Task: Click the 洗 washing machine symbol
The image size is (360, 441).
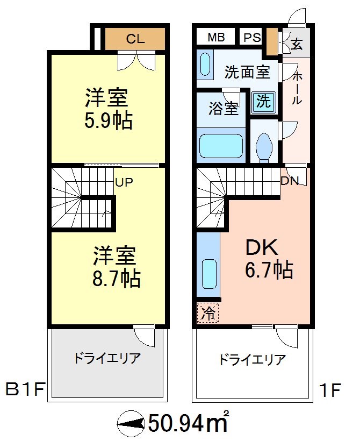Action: [x=263, y=101]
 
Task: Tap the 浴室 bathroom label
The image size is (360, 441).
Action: [x=223, y=109]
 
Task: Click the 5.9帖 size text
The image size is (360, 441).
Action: [x=108, y=120]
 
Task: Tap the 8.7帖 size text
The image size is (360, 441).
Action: [x=116, y=279]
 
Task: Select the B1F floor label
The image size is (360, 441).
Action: [x=25, y=389]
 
